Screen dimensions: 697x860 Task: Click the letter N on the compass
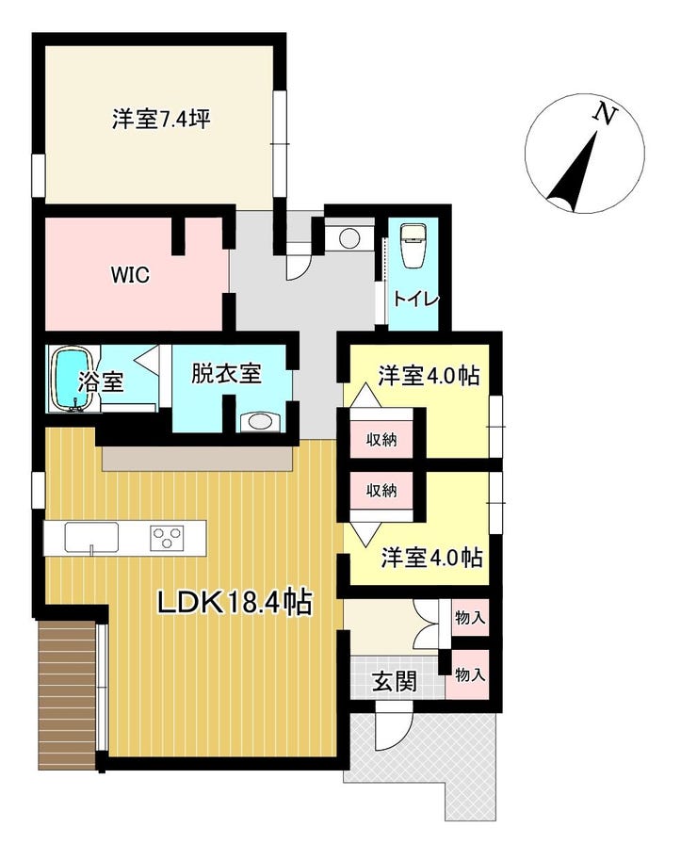605,114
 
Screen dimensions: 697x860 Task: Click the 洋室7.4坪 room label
161,119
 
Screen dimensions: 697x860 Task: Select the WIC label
131,275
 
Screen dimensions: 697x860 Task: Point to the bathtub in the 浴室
71,379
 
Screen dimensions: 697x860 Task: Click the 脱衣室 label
225,374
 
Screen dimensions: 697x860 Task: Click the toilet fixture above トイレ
413,245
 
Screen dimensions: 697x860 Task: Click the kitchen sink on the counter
91,537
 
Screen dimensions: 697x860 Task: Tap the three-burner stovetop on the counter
166,538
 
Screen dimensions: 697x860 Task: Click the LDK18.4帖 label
235,603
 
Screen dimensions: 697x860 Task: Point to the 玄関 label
395,681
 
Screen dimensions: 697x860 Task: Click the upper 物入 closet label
470,618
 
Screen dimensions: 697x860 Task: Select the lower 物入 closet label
470,674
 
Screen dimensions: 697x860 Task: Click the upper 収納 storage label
381,439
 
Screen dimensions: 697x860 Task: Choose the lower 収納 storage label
381,490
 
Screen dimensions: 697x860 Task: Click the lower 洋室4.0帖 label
432,558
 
